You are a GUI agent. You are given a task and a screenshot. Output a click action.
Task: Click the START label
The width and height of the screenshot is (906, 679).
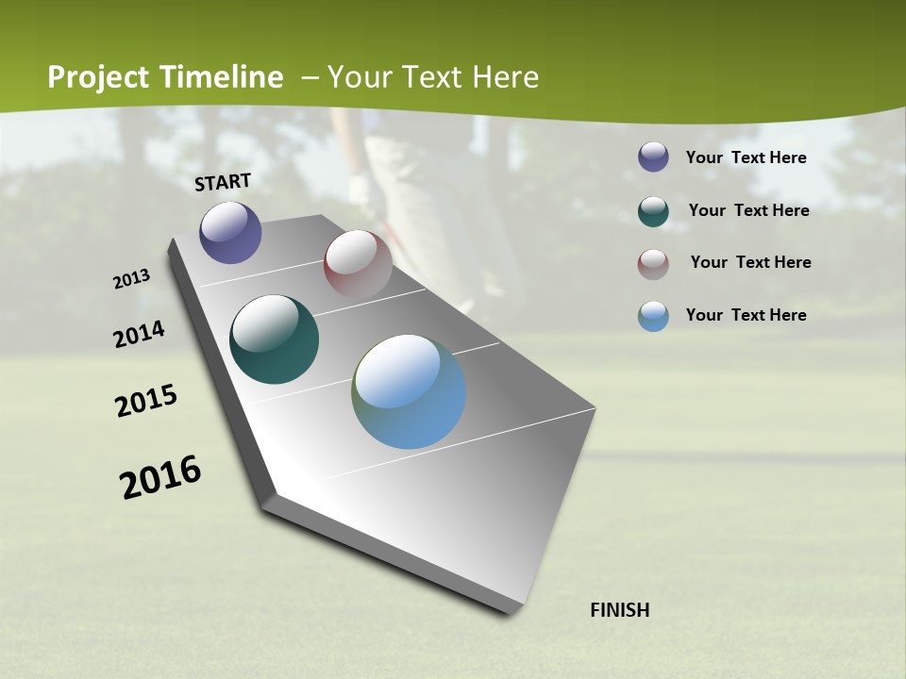click(223, 182)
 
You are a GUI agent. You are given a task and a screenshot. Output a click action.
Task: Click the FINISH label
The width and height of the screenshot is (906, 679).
click(619, 610)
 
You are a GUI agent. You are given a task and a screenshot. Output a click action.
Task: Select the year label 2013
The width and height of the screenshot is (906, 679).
click(132, 279)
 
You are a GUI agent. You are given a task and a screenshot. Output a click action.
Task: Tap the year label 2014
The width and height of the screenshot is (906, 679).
click(140, 334)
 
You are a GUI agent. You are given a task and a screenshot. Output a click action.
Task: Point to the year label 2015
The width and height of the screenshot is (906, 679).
click(146, 401)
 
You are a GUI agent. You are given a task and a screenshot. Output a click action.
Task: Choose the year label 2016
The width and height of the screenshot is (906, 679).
click(160, 477)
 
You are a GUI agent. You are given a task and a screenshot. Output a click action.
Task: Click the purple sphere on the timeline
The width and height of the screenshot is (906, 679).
click(230, 232)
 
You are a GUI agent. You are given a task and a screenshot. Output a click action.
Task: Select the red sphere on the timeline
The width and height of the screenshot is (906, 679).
click(358, 264)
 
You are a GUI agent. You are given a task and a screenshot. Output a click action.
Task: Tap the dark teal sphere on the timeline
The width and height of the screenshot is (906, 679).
click(274, 339)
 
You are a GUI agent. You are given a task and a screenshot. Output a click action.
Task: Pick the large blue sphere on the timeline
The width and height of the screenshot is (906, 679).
click(409, 391)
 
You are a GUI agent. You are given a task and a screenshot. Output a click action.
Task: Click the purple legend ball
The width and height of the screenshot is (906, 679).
click(653, 157)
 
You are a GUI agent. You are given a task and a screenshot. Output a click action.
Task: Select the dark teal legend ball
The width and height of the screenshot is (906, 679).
click(653, 211)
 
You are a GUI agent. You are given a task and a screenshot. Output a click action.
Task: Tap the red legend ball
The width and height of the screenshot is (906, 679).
click(653, 264)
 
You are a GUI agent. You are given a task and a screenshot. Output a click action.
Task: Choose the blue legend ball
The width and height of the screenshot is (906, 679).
click(653, 316)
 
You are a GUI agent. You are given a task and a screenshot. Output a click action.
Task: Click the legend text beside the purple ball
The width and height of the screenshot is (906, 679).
click(746, 157)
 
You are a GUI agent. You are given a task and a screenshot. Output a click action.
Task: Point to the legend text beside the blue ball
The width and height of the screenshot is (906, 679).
click(746, 315)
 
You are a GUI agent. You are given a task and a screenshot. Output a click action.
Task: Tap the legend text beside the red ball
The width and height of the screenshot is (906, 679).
click(750, 262)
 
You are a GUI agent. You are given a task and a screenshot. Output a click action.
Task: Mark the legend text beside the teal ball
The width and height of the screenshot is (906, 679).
click(748, 210)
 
